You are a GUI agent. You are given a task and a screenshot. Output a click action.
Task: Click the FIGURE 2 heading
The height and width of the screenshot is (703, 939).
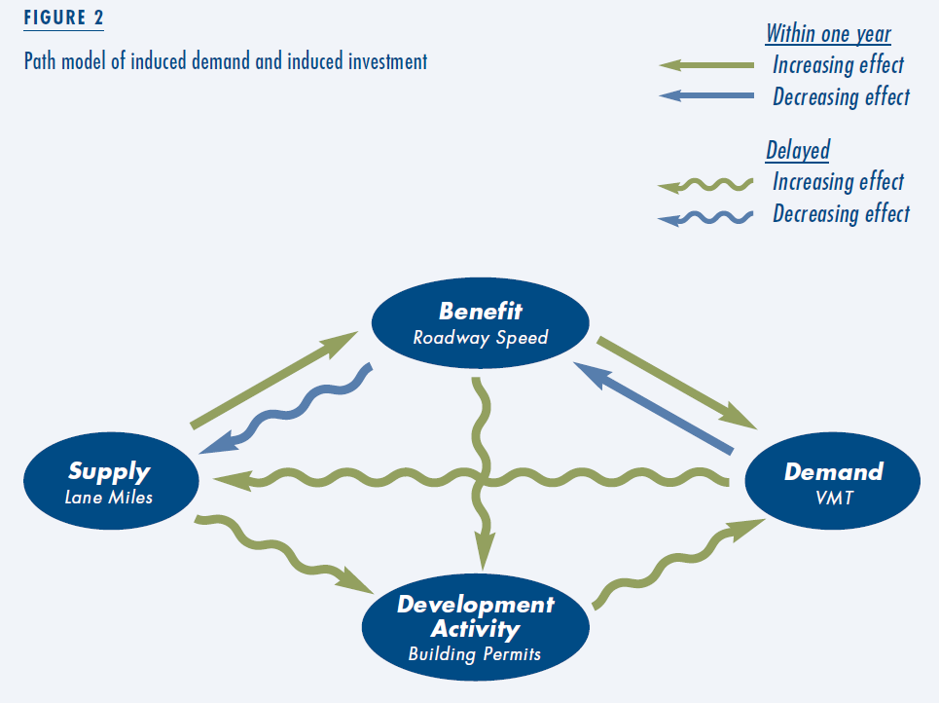pos(63,18)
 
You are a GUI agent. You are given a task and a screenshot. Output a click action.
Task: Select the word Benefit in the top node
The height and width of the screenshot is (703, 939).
pos(481,311)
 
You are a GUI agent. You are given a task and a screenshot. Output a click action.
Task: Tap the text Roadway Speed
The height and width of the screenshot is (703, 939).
pos(481,338)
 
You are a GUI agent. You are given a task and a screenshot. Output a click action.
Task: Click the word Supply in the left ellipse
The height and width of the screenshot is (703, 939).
pos(109,472)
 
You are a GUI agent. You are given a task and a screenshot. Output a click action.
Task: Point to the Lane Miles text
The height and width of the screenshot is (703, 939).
pos(108,498)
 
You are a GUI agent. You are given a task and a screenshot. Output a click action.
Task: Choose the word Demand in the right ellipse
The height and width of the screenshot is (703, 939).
pos(834,471)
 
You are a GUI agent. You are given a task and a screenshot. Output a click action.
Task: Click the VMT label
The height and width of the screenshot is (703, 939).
pos(834,498)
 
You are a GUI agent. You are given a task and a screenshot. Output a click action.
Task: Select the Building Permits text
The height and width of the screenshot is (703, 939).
pos(474,654)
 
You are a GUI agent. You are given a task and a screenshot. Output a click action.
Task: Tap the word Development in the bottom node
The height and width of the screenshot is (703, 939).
pos(476,604)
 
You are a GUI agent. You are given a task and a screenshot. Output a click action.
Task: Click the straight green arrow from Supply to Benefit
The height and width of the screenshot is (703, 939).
pos(273,379)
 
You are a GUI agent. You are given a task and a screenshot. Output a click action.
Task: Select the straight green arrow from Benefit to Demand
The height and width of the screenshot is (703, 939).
pos(676,383)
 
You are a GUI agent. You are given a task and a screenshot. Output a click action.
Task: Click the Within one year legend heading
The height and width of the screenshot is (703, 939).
pos(828,34)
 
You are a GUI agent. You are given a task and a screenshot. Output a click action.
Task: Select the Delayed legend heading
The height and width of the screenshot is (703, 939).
pos(798,150)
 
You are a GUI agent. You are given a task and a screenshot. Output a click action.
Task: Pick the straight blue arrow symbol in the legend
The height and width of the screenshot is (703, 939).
pos(706,95)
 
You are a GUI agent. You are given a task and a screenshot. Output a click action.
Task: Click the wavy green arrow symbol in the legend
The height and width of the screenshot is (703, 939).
pos(705,186)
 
